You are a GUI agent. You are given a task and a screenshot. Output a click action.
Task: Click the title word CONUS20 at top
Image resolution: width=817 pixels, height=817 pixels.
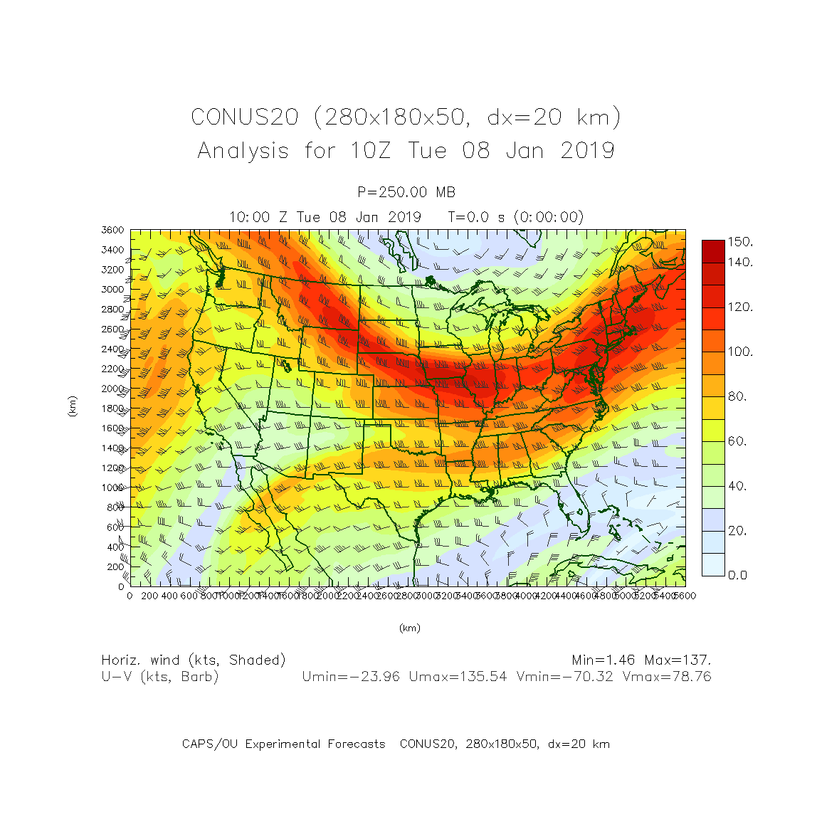click(x=244, y=117)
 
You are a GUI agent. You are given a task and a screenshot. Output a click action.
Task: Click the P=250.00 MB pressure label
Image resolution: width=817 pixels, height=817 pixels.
click(x=406, y=192)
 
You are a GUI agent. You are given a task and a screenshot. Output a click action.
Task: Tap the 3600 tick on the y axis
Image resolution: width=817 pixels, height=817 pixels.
click(x=113, y=230)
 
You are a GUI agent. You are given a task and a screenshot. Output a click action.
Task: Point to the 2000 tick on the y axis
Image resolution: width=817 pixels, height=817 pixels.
click(x=113, y=389)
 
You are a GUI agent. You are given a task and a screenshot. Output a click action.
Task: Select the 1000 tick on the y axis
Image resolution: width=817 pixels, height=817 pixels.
click(x=113, y=487)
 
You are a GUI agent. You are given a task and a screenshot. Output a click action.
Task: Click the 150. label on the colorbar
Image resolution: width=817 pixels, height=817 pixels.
click(x=740, y=242)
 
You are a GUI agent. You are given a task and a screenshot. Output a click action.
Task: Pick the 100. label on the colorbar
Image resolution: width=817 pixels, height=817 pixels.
click(x=740, y=352)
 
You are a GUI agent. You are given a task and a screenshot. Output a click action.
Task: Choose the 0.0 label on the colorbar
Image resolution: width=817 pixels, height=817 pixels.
click(x=738, y=575)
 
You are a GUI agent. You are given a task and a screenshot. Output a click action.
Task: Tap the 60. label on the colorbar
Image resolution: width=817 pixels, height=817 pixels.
click(x=738, y=441)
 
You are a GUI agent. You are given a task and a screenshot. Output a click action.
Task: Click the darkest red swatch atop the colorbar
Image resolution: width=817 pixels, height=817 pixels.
click(x=713, y=251)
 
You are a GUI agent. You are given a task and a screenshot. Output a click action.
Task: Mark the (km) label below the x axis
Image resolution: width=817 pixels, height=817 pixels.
click(x=409, y=628)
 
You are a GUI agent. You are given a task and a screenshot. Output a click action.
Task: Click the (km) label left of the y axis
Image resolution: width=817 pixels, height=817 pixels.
click(x=72, y=407)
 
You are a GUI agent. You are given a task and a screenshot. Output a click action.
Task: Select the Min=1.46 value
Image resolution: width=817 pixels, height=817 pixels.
click(x=604, y=660)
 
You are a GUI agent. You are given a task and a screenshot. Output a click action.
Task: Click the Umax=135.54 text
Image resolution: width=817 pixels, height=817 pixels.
click(x=458, y=677)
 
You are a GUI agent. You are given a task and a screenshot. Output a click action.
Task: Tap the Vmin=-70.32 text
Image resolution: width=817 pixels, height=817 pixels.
click(x=564, y=677)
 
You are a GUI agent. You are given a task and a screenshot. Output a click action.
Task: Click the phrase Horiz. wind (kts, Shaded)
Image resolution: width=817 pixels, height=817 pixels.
click(x=194, y=660)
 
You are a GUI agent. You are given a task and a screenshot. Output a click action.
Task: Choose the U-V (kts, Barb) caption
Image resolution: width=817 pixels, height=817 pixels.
click(x=160, y=677)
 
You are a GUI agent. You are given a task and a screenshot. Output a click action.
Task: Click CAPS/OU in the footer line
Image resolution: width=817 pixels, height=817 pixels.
click(x=210, y=744)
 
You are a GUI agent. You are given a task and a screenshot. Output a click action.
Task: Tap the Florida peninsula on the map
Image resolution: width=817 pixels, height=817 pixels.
click(x=575, y=510)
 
